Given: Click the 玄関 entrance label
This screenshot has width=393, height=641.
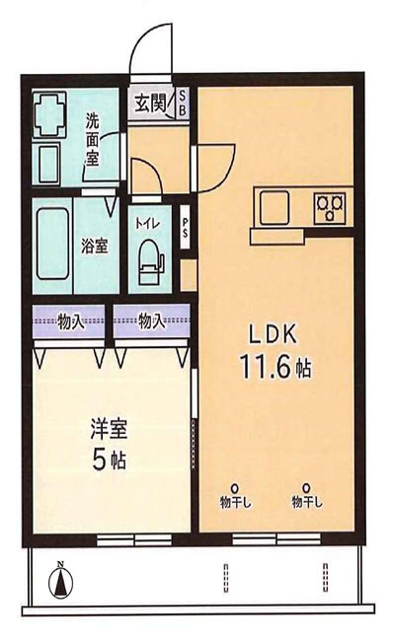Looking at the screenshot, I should point(151,102).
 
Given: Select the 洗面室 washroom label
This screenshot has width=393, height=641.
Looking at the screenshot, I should point(92,139).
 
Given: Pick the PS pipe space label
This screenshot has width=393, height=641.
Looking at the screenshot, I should point(186,228).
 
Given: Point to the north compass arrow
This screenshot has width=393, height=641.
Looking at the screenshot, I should point(59,581).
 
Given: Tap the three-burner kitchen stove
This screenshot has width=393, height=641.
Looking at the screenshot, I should point(330,207).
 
